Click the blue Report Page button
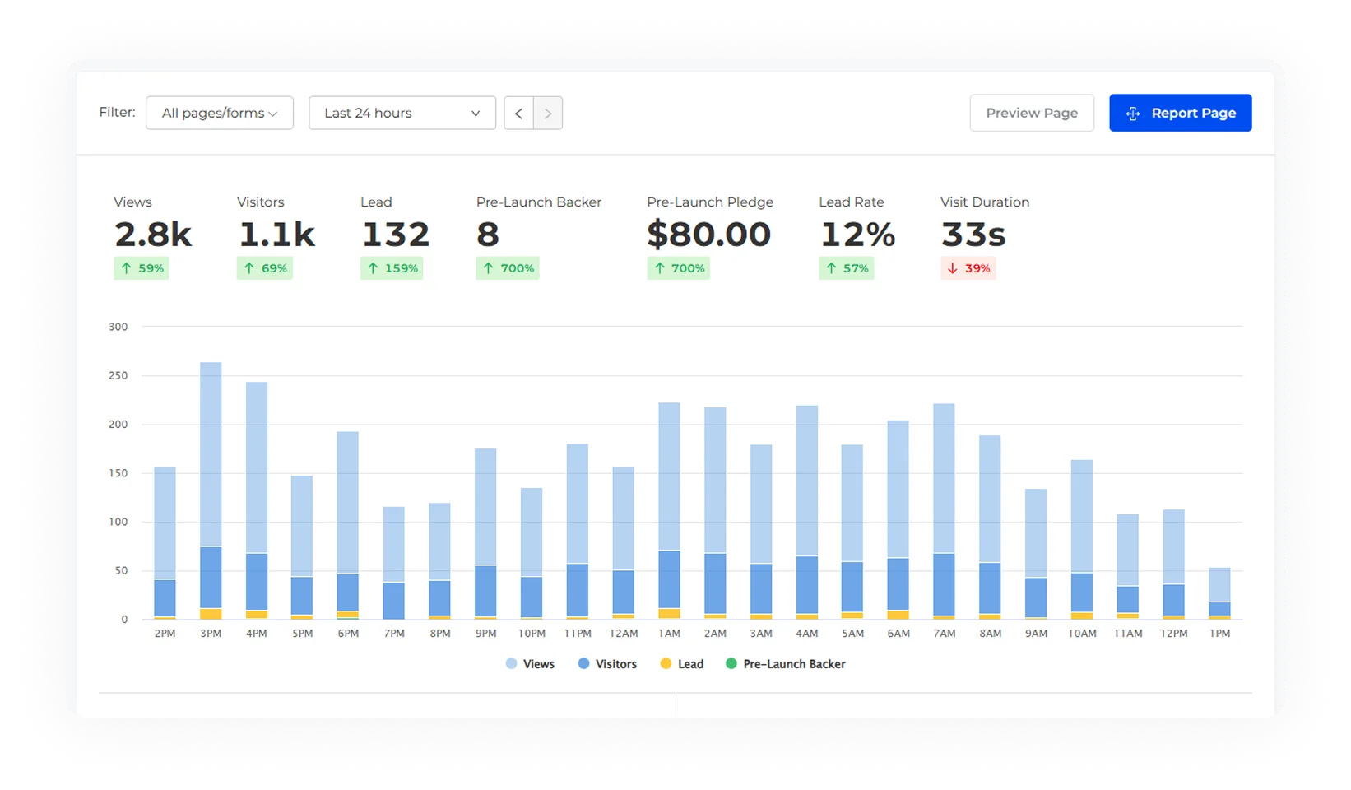[x=1180, y=113]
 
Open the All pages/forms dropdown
[x=219, y=113]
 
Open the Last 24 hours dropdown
[x=402, y=113]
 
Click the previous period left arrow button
[x=518, y=114]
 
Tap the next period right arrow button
[x=548, y=114]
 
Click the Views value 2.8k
[x=153, y=235]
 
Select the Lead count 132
[x=396, y=235]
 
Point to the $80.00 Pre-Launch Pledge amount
[x=708, y=235]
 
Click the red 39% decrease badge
[x=968, y=268]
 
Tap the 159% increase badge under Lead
[x=392, y=268]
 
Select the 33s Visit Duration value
[x=973, y=235]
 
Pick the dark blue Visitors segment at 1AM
[x=670, y=579]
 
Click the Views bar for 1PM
[x=1219, y=585]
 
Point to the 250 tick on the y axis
[x=118, y=375]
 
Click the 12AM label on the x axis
[x=624, y=634]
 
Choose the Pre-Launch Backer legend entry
[x=786, y=664]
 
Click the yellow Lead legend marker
[x=666, y=664]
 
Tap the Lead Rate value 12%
[x=857, y=235]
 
